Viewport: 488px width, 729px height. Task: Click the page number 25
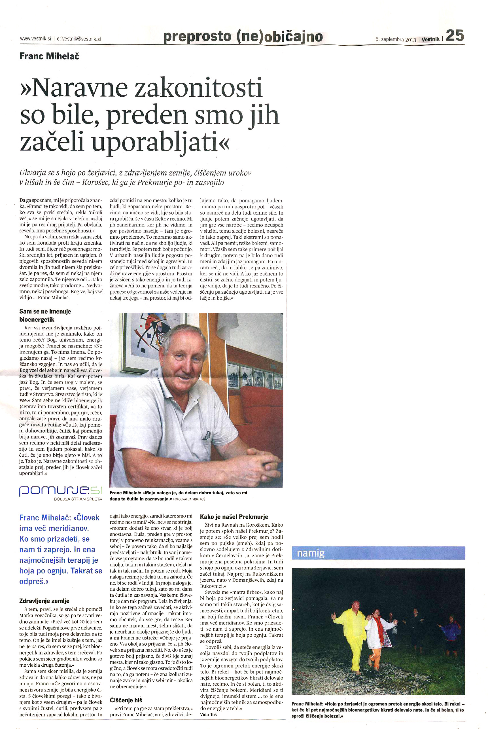click(455, 35)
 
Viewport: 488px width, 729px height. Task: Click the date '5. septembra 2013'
click(396, 39)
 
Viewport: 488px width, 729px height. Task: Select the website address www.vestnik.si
click(35, 39)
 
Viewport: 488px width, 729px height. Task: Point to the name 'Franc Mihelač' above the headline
click(50, 56)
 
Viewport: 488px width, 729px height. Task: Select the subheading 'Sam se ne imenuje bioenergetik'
click(45, 315)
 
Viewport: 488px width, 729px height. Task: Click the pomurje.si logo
click(60, 491)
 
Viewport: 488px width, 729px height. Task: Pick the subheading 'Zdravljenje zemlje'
click(44, 601)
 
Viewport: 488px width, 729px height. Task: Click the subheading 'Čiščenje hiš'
click(126, 700)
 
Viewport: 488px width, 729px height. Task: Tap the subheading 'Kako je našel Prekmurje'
click(234, 517)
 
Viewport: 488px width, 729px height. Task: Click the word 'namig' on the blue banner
click(311, 553)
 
